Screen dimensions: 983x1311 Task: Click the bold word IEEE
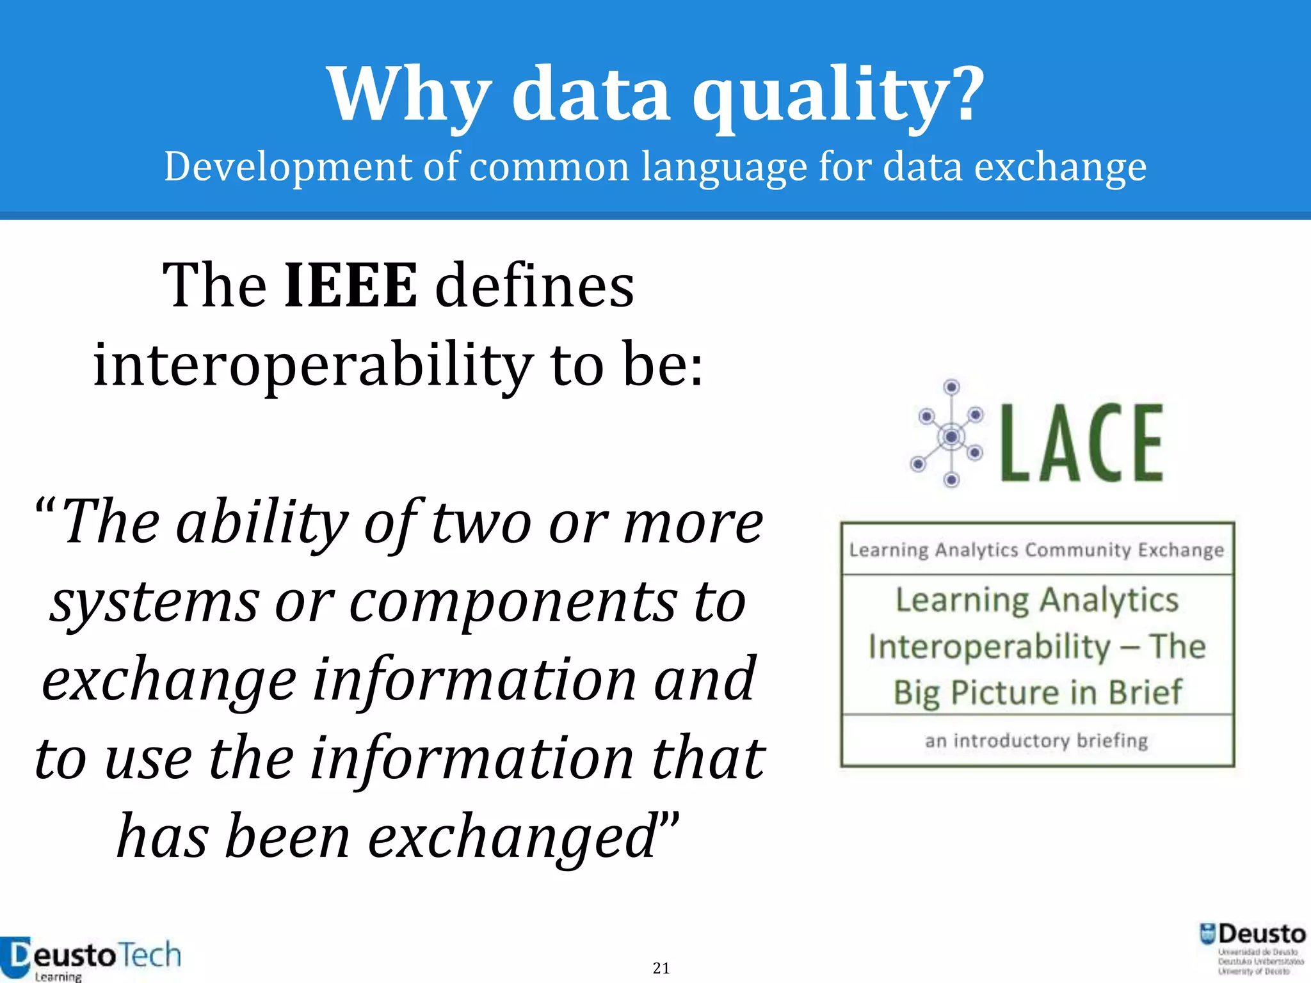[x=350, y=285]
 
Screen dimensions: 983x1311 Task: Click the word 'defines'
[x=535, y=285]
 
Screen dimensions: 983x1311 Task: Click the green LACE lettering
[x=1082, y=443]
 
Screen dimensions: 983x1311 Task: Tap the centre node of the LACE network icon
[x=951, y=436]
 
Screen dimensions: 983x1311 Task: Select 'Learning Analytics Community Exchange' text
[x=1036, y=550]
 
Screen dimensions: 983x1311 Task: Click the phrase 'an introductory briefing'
[x=1036, y=740]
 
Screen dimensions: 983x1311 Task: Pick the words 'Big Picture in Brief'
[x=1037, y=692]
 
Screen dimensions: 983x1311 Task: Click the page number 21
[x=661, y=968]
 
